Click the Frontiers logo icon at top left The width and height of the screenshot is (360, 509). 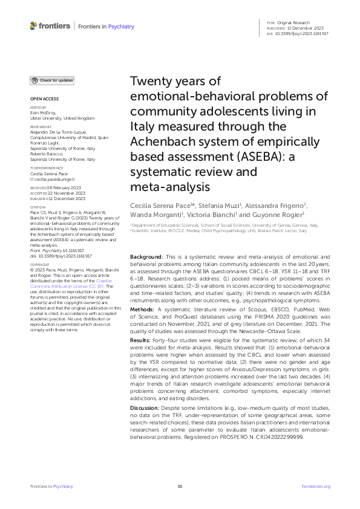click(x=33, y=26)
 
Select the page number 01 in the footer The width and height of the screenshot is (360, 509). click(x=180, y=486)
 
